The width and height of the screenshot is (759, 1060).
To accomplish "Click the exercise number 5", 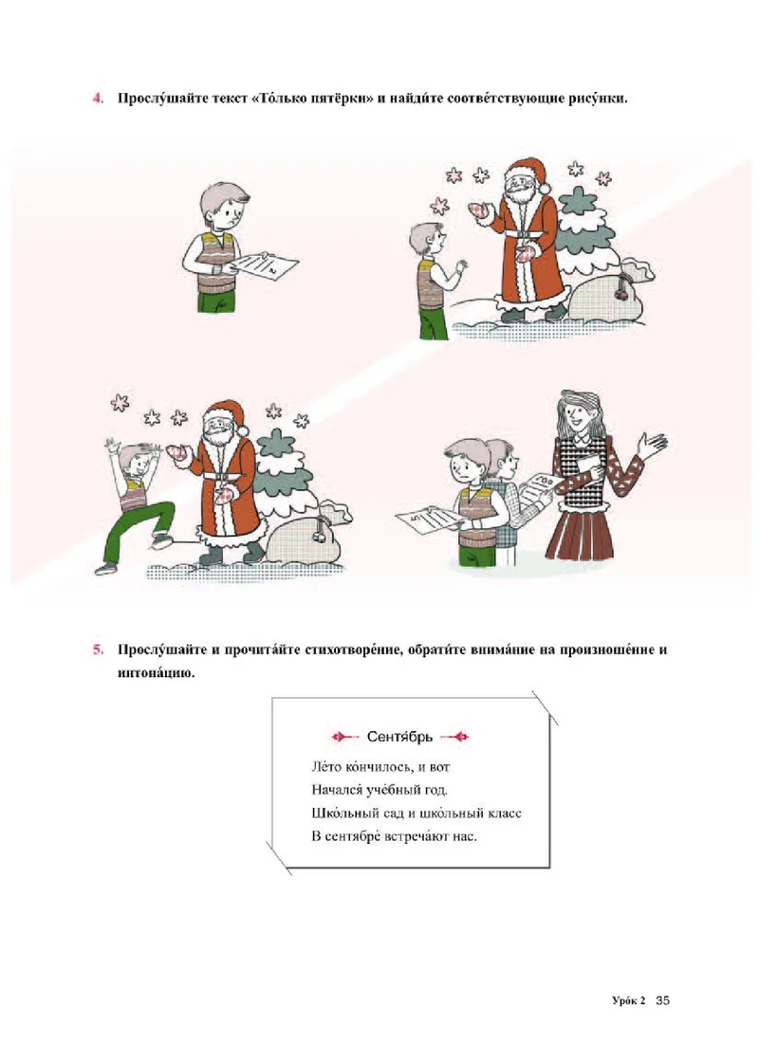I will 96,651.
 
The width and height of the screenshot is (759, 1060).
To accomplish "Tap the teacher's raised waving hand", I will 652,444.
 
